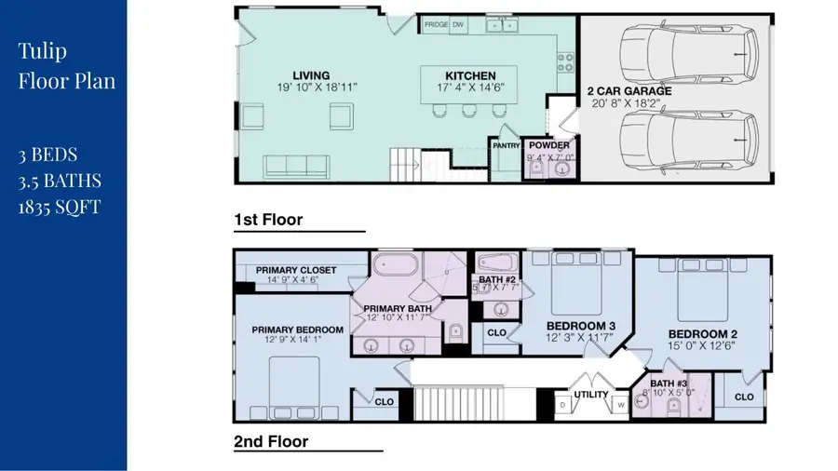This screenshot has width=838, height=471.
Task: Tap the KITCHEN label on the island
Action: click(x=469, y=75)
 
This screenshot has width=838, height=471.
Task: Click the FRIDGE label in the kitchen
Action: click(x=435, y=25)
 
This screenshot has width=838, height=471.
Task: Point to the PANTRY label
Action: click(x=506, y=145)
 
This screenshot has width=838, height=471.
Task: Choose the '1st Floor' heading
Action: click(x=268, y=220)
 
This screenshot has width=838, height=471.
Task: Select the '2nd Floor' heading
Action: click(x=271, y=441)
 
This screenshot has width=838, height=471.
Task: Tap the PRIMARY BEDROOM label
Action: click(x=297, y=330)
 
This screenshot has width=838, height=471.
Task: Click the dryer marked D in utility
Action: click(x=562, y=405)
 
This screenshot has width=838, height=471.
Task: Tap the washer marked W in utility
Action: click(x=620, y=405)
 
